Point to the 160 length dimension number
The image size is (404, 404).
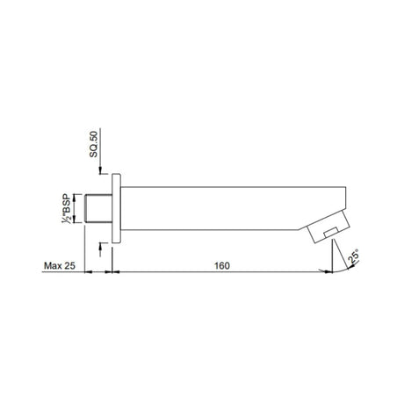(221, 263)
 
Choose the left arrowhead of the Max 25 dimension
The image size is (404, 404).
(91, 273)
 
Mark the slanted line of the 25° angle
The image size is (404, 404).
(339, 260)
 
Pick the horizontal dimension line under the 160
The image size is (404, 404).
(220, 273)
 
